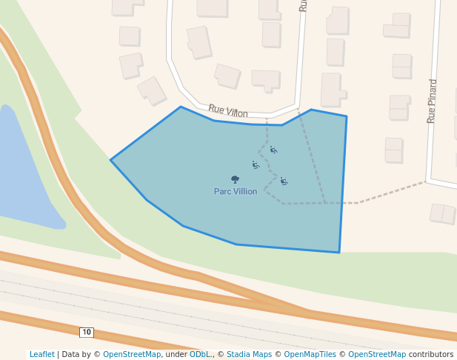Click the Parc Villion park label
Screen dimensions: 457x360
pyautogui.click(x=236, y=191)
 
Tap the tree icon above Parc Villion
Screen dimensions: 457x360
pyautogui.click(x=235, y=179)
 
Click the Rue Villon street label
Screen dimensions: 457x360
pyautogui.click(x=228, y=111)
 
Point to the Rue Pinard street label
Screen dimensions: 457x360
pyautogui.click(x=433, y=101)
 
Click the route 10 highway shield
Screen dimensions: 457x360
pyautogui.click(x=87, y=332)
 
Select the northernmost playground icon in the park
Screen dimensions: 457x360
pyautogui.click(x=273, y=150)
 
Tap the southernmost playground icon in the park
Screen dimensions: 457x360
pyautogui.click(x=284, y=181)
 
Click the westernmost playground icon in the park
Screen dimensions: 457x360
pyautogui.click(x=256, y=165)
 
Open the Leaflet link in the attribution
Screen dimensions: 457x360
pyautogui.click(x=42, y=354)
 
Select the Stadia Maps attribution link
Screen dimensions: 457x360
pyautogui.click(x=249, y=354)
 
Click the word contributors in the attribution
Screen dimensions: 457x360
pyautogui.click(x=431, y=354)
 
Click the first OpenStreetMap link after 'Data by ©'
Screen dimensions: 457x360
pyautogui.click(x=132, y=354)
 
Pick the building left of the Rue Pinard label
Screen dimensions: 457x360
pyautogui.click(x=400, y=107)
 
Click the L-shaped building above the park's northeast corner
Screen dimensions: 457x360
pyautogui.click(x=332, y=90)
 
